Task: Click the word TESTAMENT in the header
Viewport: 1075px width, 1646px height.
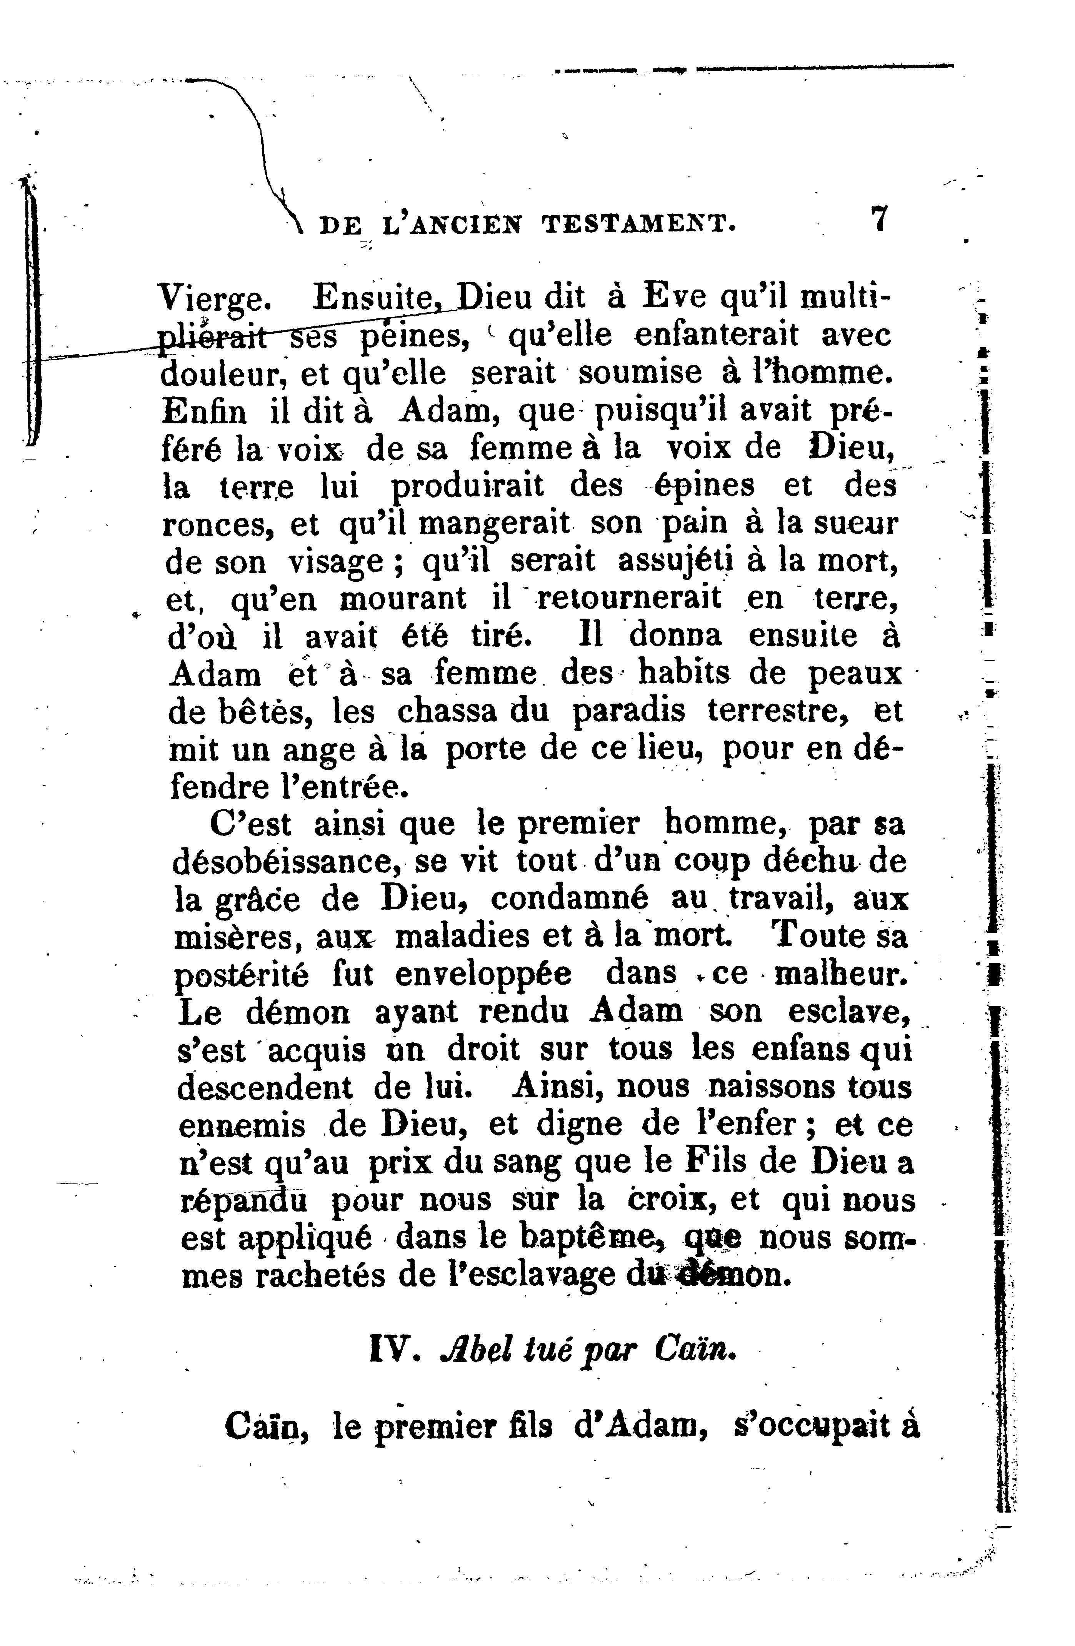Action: [637, 224]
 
